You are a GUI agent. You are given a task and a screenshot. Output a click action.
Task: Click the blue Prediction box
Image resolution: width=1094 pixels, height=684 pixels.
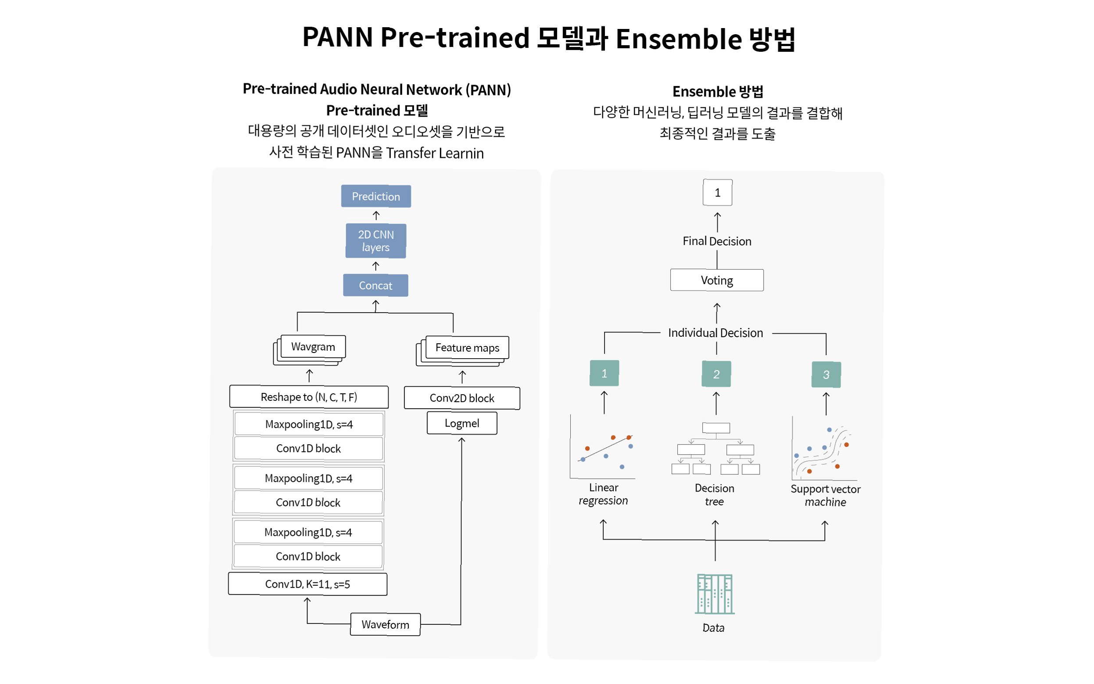pyautogui.click(x=375, y=196)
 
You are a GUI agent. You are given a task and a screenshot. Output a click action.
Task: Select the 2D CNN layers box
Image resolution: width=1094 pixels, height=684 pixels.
pyautogui.click(x=375, y=241)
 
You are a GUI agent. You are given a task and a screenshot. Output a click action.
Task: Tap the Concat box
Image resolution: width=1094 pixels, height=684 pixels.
pyautogui.click(x=375, y=285)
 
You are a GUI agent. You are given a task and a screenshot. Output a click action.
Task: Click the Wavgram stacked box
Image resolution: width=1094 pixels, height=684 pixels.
pyautogui.click(x=313, y=347)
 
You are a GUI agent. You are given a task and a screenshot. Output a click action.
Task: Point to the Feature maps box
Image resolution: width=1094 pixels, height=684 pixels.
pyautogui.click(x=467, y=348)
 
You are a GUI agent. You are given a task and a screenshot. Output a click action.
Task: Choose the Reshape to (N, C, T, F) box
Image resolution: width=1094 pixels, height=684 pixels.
pyautogui.click(x=308, y=397)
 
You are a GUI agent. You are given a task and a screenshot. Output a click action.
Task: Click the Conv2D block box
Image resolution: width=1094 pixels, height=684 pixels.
pyautogui.click(x=461, y=398)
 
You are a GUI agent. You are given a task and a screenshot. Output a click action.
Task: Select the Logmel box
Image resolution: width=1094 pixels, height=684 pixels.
pyautogui.click(x=461, y=423)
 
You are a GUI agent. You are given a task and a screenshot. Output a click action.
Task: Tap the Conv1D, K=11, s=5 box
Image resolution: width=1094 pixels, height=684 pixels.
pyautogui.click(x=307, y=584)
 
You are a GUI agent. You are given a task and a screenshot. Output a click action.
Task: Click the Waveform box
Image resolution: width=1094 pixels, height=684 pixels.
pyautogui.click(x=385, y=624)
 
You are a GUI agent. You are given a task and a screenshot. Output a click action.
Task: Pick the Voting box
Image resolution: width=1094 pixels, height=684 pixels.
pyautogui.click(x=717, y=281)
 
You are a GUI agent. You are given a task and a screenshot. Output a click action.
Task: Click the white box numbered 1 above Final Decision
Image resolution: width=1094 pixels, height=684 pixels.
pyautogui.click(x=717, y=193)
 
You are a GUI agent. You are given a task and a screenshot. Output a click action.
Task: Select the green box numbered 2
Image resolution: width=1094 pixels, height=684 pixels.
pyautogui.click(x=716, y=374)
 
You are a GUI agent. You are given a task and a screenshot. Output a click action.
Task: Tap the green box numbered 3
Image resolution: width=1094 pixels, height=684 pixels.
pyautogui.click(x=826, y=374)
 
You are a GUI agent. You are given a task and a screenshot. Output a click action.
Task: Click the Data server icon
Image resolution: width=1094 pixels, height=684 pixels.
pyautogui.click(x=715, y=594)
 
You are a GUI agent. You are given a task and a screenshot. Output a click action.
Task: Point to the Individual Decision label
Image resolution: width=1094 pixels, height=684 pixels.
pyautogui.click(x=715, y=333)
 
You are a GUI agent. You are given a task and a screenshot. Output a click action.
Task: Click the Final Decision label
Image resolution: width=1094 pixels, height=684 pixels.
pyautogui.click(x=717, y=241)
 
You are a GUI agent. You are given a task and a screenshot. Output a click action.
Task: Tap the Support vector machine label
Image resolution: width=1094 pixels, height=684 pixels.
pyautogui.click(x=825, y=495)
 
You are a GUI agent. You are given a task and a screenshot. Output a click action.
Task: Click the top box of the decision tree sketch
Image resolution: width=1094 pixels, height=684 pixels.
pyautogui.click(x=716, y=427)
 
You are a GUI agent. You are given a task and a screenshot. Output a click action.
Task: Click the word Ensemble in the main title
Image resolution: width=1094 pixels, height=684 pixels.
pyautogui.click(x=678, y=39)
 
